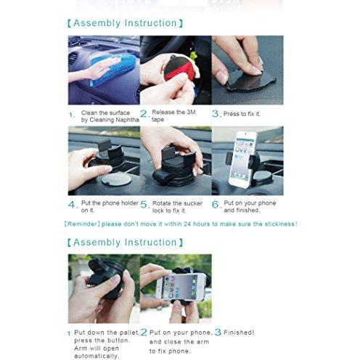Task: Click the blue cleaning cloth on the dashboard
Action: point(112,70)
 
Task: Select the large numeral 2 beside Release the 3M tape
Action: point(144,113)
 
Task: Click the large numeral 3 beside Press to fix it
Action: point(216,113)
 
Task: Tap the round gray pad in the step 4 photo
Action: point(116,180)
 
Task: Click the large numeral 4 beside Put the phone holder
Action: point(72,205)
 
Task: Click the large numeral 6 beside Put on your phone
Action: point(216,205)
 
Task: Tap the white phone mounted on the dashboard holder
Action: point(242,160)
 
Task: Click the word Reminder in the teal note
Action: point(82,224)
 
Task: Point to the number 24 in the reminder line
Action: point(187,224)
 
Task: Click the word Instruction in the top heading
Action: point(151,23)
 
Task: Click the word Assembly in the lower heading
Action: point(97,242)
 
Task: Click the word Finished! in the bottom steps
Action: point(239,332)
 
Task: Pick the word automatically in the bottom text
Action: point(96,356)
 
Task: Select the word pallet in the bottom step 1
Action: point(130,332)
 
